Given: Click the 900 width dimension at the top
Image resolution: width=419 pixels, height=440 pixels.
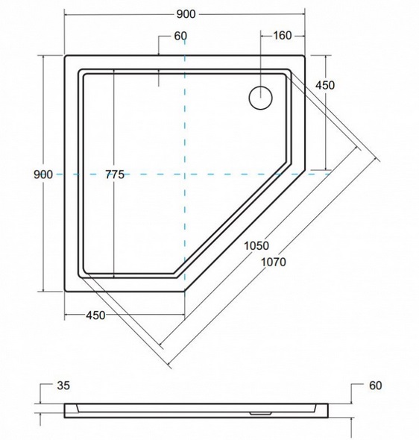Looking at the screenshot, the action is coord(186,14).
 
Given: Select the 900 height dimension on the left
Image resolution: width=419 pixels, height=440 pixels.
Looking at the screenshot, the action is coord(43,175).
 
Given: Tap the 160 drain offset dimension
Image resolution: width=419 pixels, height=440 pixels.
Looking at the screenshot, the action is coord(282,36).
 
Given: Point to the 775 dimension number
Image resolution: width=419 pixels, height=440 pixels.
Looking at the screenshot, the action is coord(115,175).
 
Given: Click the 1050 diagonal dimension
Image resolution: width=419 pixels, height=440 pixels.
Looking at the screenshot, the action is coord(256,246).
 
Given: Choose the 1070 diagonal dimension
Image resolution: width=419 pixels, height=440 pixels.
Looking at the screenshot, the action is coord(274,262).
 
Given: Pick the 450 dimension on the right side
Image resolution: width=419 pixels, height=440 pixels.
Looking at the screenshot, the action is coord(325,85).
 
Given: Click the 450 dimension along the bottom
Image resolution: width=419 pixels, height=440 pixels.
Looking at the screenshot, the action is coord(95,315).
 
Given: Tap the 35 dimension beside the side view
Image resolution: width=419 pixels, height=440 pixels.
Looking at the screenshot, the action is coord(63,386).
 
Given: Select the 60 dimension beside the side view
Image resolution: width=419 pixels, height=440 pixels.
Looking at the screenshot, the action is coord(375,386).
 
